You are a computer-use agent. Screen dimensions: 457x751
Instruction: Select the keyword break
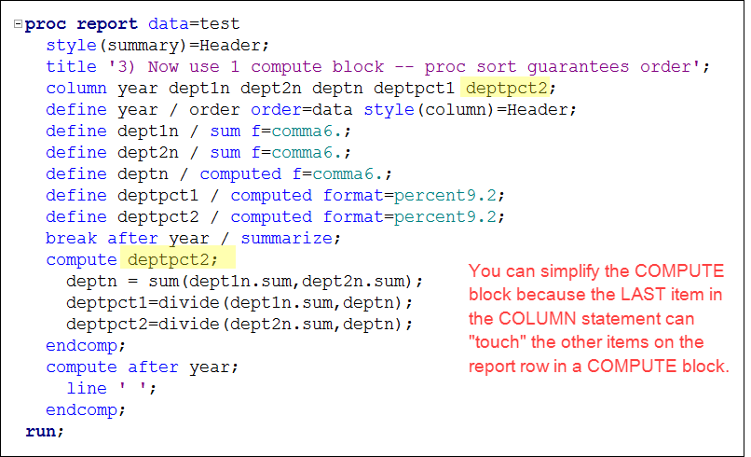pos(71,238)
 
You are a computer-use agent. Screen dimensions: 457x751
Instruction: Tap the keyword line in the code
pos(87,388)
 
